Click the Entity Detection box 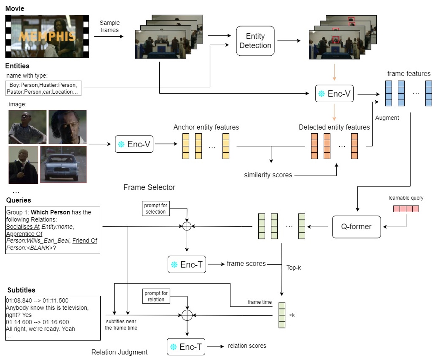click(255, 41)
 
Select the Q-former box click(356, 227)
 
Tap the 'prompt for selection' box click(156, 209)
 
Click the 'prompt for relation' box click(156, 296)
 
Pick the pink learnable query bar click(406, 209)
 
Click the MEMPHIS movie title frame click(47, 36)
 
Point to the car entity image click(63, 164)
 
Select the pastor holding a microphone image click(23, 165)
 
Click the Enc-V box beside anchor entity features click(134, 144)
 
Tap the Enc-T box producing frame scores click(187, 265)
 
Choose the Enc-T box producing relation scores click(186, 347)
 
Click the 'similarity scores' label click(268, 175)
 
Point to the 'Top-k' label click(293, 268)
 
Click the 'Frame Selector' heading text click(149, 187)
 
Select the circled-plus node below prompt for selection click(187, 226)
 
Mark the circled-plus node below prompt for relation click(187, 315)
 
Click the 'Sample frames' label click(109, 26)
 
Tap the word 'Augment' click(387, 118)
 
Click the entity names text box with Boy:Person click(43, 88)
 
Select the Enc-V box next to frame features click(334, 94)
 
